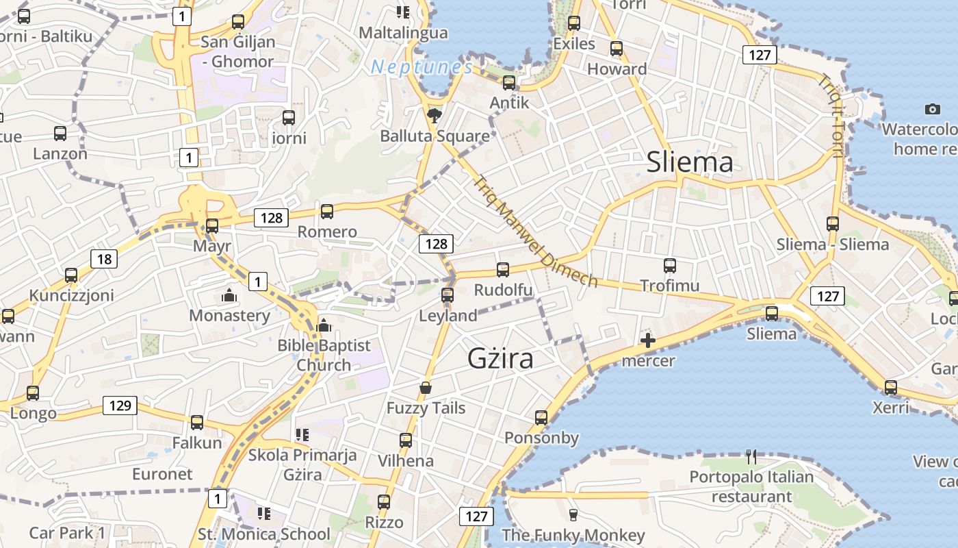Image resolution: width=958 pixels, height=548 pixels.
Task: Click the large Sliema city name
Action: (x=690, y=162)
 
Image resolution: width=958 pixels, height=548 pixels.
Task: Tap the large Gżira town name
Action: (x=501, y=358)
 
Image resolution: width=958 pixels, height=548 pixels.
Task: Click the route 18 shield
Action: (x=104, y=259)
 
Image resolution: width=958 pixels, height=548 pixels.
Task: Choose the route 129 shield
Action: (x=120, y=406)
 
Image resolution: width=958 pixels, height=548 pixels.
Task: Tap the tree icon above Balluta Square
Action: (x=433, y=115)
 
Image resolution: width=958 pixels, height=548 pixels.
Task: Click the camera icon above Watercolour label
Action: (x=932, y=109)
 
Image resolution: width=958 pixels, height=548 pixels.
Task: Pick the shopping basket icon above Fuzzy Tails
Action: (x=426, y=388)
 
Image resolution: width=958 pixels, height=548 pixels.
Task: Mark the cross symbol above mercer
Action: (x=647, y=340)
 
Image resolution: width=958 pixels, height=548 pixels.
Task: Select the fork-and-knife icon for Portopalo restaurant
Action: (x=751, y=456)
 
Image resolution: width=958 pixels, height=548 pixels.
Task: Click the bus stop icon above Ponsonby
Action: (x=541, y=417)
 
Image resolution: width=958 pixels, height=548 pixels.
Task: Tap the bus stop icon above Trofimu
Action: (x=670, y=265)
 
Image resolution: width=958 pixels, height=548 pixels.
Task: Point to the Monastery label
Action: (x=229, y=316)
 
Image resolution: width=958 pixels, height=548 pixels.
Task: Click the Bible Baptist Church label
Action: (x=324, y=355)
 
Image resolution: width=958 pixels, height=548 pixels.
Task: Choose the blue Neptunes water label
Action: (x=422, y=67)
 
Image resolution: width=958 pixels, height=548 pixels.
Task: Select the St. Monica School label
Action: (x=263, y=534)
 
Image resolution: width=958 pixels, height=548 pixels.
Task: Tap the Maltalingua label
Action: (x=404, y=32)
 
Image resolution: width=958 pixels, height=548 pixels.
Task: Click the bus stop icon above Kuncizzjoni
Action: (x=71, y=275)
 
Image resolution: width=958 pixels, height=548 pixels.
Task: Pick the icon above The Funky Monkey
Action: (x=573, y=514)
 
